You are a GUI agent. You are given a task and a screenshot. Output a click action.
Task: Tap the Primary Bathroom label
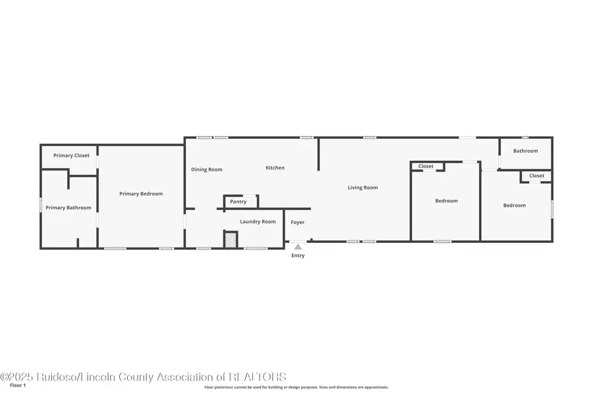pos(69,208)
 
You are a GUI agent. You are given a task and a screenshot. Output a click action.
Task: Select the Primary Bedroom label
pos(141,194)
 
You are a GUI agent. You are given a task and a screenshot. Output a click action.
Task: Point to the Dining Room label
pos(207,169)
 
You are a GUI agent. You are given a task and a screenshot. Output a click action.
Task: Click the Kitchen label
pos(275,168)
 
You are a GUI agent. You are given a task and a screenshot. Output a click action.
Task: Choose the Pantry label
pos(238,201)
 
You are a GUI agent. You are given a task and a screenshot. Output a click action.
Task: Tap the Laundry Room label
pos(258,222)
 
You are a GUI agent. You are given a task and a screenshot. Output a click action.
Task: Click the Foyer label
pos(298,223)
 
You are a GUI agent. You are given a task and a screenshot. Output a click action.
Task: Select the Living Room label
pos(363,188)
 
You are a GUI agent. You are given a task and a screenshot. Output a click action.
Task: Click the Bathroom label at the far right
pos(526,151)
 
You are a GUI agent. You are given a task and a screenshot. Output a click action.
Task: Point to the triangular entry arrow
pos(298,247)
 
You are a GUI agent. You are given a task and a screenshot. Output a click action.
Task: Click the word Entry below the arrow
pos(298,255)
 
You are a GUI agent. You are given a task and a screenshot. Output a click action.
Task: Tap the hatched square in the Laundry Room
pos(230,240)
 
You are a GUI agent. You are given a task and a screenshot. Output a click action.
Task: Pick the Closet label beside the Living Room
pos(426,167)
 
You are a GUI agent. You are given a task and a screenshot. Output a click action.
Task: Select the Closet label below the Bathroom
pos(537,176)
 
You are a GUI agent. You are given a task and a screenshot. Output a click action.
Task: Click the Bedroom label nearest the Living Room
pos(446,201)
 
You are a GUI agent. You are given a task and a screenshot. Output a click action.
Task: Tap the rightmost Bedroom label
pos(515,205)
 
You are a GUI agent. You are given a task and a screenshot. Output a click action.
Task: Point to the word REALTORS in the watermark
pos(258,377)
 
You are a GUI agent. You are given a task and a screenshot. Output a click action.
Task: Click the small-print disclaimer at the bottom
pos(296,387)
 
